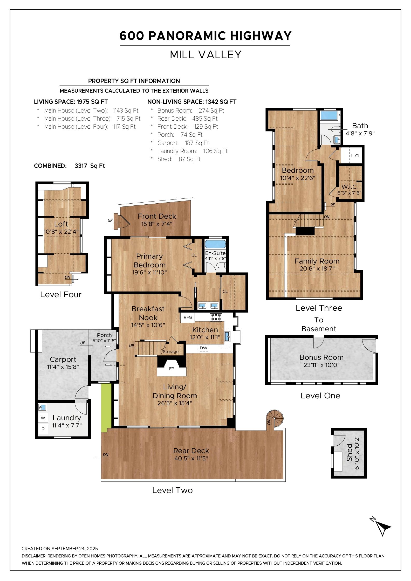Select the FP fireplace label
coord(172,369)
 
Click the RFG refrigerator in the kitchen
coord(188,317)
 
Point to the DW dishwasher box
coord(204,348)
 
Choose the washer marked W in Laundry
coord(43,418)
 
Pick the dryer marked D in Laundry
coord(43,429)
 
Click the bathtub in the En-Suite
coord(215,244)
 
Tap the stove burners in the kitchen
coord(216,317)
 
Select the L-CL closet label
coord(355,156)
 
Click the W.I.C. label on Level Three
coord(349,186)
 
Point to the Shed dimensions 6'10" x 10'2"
coord(357,452)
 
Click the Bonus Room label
coord(321,357)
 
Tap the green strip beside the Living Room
coord(106,408)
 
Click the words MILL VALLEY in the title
coord(205,54)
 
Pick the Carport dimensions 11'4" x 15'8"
coord(63,367)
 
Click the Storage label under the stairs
coord(171,352)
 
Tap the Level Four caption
coord(61,294)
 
